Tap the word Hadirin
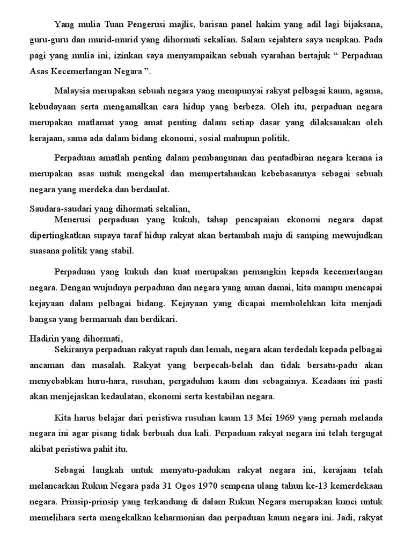(x=43, y=338)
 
